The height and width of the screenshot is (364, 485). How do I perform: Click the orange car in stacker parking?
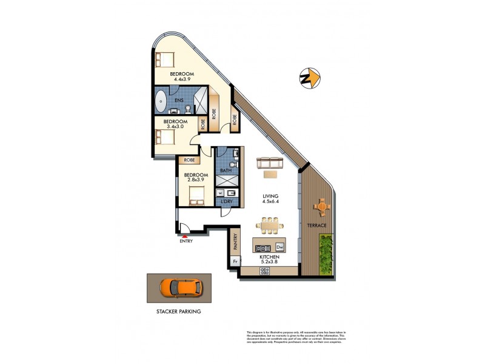181,287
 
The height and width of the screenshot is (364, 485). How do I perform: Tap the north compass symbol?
309,78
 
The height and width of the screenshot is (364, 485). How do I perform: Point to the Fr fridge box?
235,261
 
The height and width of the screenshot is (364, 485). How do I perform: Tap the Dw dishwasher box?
279,248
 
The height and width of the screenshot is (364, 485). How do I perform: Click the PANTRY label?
235,243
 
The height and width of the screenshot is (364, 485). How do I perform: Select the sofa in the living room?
270,163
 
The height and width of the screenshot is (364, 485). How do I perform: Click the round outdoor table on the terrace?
321,207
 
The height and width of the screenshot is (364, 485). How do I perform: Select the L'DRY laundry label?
227,201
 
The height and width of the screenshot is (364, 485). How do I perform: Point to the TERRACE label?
316,226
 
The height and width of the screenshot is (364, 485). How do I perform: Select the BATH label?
226,171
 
